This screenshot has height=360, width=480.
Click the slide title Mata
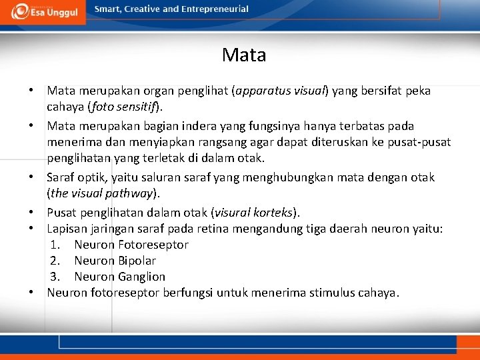[244, 55]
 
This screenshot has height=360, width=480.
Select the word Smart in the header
[108, 9]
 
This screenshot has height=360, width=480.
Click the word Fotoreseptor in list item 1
[153, 245]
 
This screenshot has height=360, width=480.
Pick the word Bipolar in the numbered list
[137, 261]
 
